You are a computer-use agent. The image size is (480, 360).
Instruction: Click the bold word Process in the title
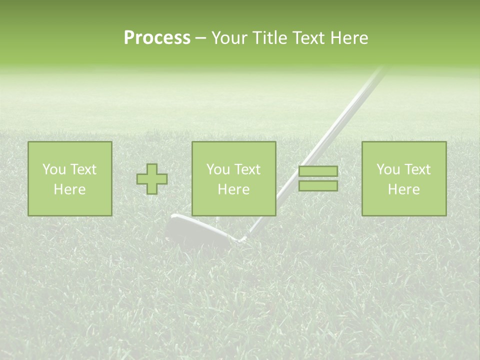(x=157, y=38)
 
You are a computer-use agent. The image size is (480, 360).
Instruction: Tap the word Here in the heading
(x=348, y=38)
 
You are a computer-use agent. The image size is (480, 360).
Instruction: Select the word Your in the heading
(x=228, y=38)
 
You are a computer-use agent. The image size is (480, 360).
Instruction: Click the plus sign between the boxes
(x=152, y=179)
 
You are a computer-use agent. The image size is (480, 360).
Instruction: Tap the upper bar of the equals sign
(x=318, y=171)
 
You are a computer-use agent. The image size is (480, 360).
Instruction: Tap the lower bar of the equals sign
(x=318, y=186)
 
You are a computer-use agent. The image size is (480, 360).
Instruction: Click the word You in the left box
(x=54, y=169)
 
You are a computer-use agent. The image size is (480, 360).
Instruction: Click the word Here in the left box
(x=69, y=189)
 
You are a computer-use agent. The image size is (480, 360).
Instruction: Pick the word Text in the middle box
(x=247, y=169)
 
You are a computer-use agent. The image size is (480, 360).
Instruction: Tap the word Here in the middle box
(x=233, y=189)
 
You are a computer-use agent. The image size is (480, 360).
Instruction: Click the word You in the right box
(x=388, y=169)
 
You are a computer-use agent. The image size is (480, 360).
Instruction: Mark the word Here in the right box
(x=403, y=189)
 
